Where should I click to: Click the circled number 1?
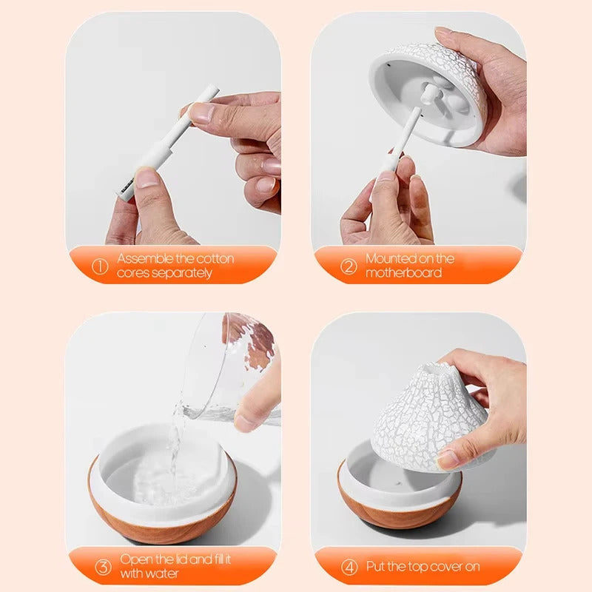100,266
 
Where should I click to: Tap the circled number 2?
349,266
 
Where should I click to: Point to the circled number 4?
349,568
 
